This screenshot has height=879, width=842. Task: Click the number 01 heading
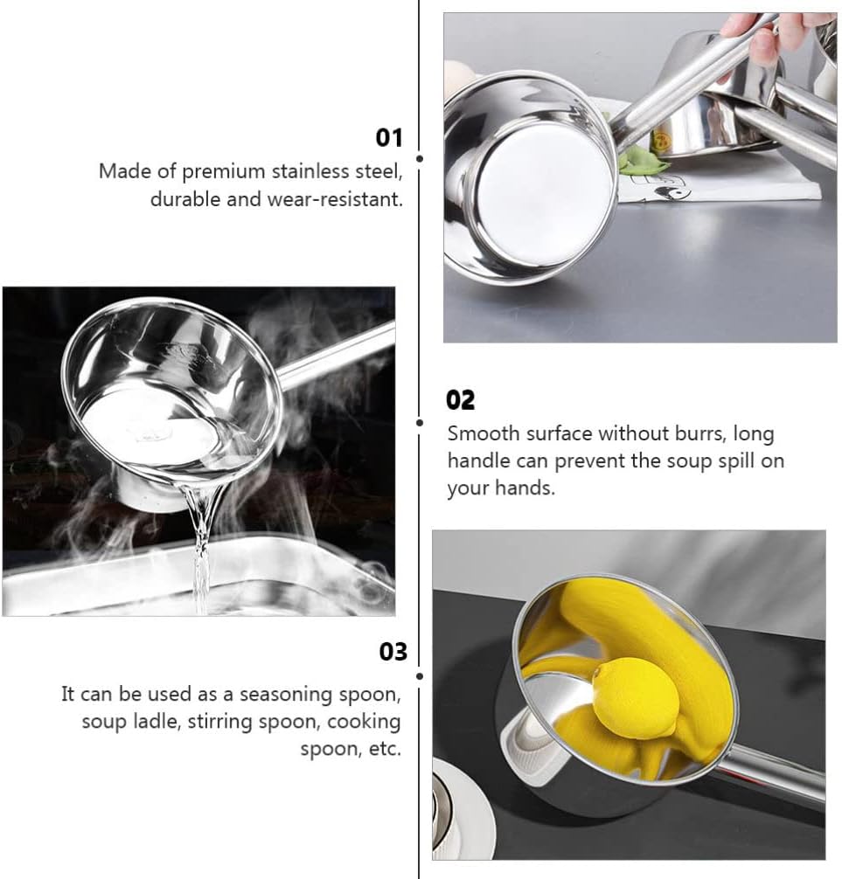tap(389, 137)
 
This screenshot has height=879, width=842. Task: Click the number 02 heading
tap(460, 400)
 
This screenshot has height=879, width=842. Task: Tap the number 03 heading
tap(393, 652)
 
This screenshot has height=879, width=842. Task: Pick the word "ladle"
tap(157, 721)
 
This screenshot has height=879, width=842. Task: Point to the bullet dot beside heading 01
tap(419, 159)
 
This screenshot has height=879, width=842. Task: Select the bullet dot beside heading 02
tap(419, 422)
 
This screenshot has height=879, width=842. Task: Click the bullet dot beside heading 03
tap(419, 676)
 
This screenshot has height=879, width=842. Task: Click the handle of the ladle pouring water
tap(336, 355)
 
